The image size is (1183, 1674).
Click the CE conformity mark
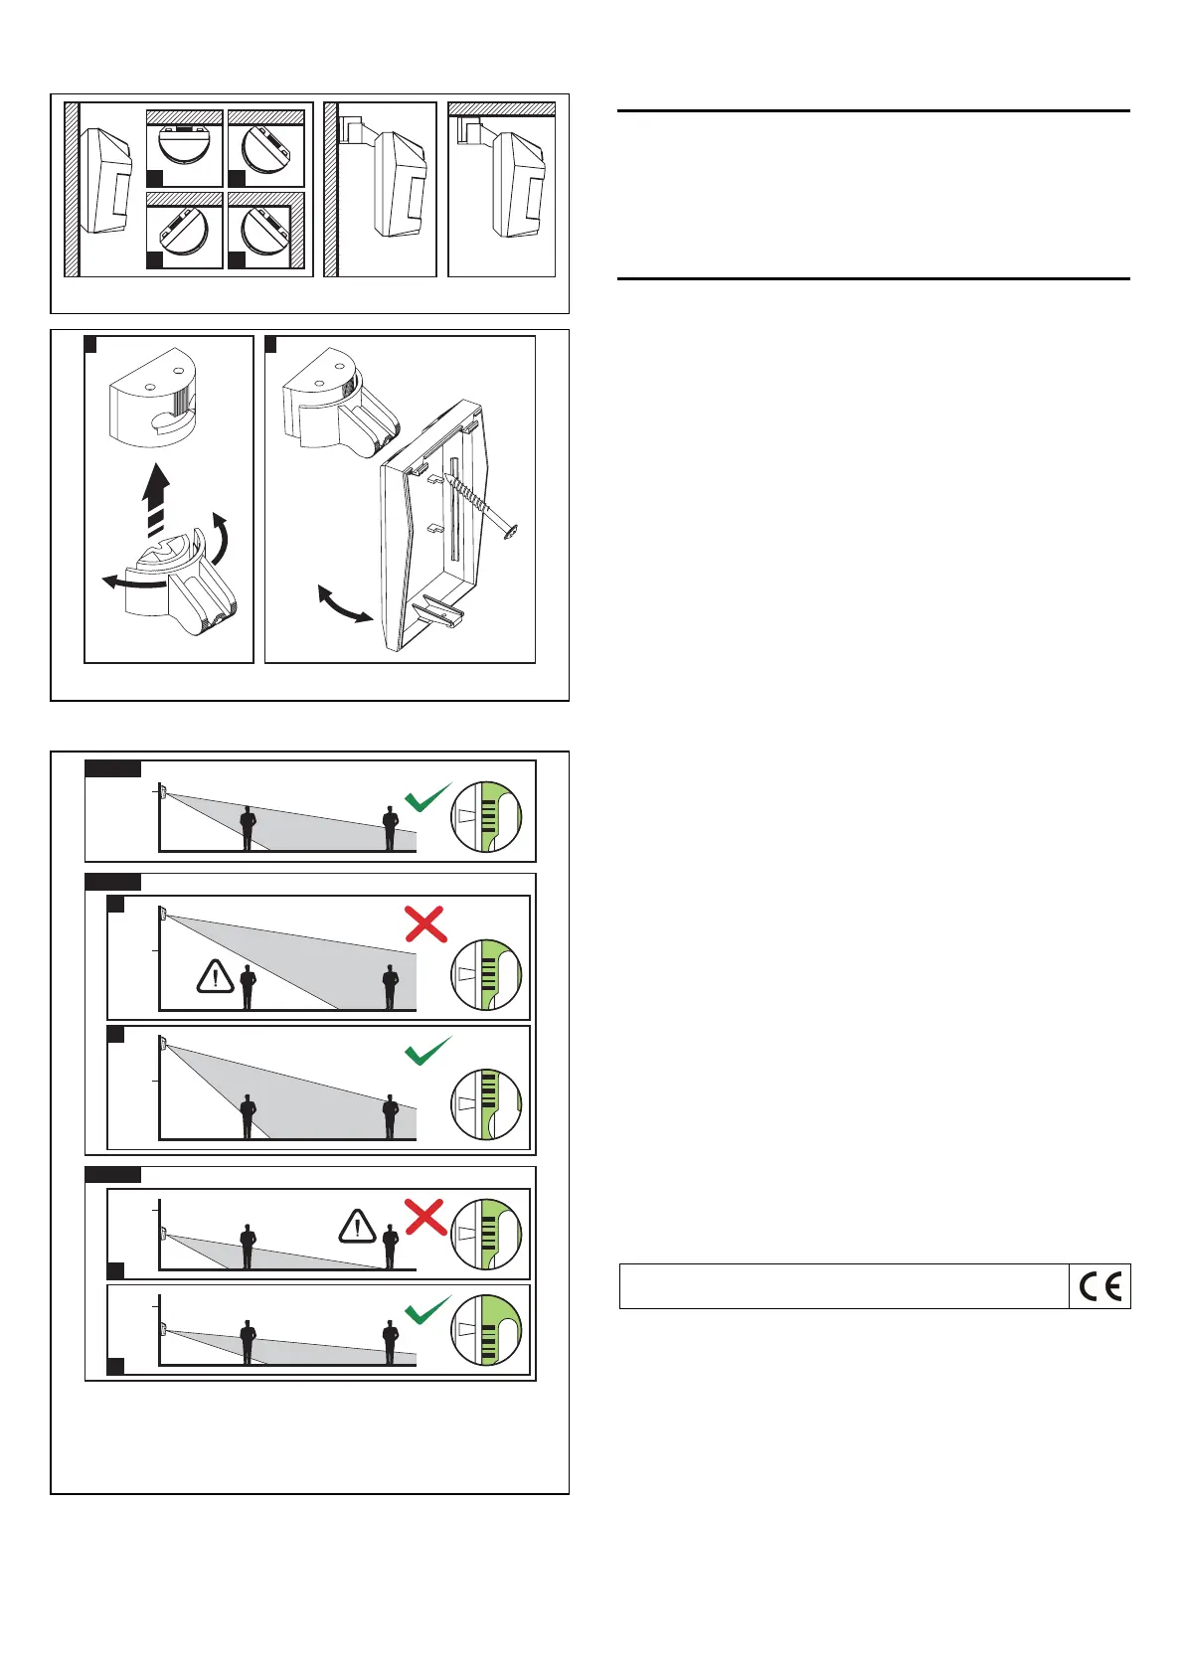click(1099, 1287)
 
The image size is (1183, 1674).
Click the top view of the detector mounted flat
click(184, 147)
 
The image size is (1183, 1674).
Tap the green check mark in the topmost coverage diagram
click(428, 797)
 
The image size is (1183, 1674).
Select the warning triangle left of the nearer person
click(215, 977)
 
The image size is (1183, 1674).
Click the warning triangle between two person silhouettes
click(357, 1227)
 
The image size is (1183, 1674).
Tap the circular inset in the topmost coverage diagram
click(486, 817)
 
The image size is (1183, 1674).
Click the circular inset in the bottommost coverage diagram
click(486, 1329)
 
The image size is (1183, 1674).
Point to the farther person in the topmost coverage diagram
click(391, 829)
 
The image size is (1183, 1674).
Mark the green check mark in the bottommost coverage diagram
click(428, 1310)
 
